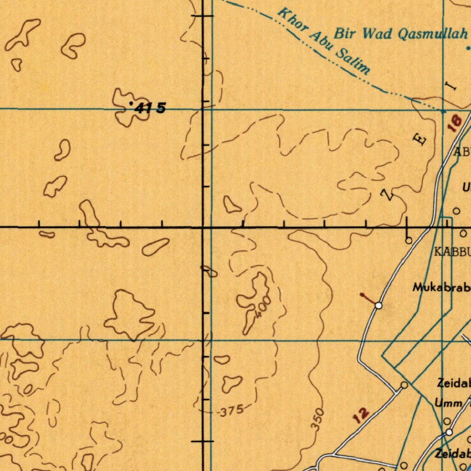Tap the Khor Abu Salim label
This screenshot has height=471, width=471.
tap(324, 41)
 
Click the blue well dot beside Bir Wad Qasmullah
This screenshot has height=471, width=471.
tap(468, 47)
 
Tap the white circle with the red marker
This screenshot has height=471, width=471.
tap(378, 305)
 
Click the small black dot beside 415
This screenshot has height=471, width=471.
tap(132, 103)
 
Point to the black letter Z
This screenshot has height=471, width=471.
tap(389, 195)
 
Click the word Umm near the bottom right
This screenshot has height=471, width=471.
tap(449, 403)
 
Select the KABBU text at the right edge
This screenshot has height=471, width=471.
tap(453, 252)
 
